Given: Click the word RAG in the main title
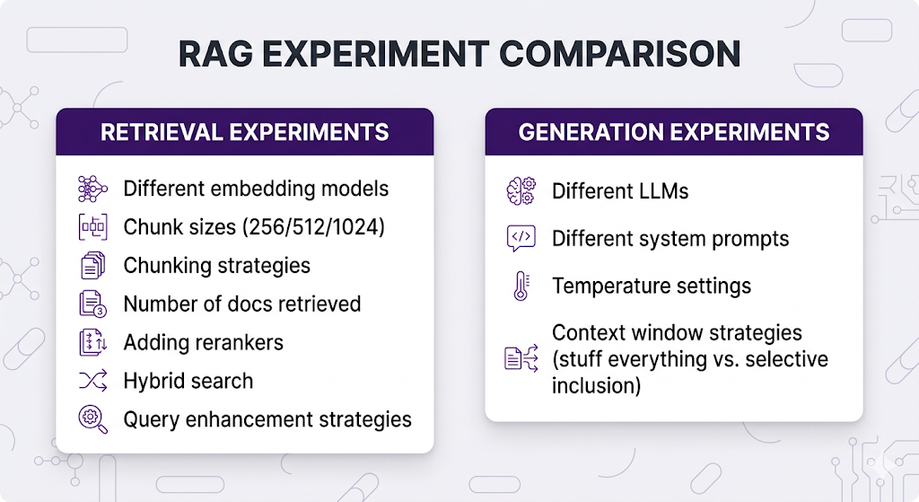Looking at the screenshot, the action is coord(215,54).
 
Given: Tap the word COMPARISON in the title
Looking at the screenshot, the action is coord(619,54).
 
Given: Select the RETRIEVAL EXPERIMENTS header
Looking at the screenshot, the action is coord(245,132).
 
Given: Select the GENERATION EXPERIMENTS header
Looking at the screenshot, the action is coord(674,132).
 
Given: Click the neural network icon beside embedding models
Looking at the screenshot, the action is coord(92,189).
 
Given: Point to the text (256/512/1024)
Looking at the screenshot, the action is coord(313,227).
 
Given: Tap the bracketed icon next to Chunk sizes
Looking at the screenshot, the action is coord(92,227).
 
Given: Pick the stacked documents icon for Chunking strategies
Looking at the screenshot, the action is coord(92,266).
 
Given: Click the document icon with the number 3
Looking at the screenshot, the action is coord(92,304).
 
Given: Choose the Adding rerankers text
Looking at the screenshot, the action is coord(204,342).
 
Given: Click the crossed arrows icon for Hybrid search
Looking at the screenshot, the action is coord(92,381).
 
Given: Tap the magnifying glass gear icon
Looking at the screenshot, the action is coord(92,419).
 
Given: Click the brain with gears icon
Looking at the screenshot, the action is coord(521,191).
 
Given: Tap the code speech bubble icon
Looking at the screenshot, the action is coord(521,238).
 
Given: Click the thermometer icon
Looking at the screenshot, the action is coord(521,286).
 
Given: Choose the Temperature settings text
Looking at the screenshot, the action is coord(652,286).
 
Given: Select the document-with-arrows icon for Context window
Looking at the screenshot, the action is coord(521,358).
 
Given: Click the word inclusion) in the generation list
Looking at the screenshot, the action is coord(596,386).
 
